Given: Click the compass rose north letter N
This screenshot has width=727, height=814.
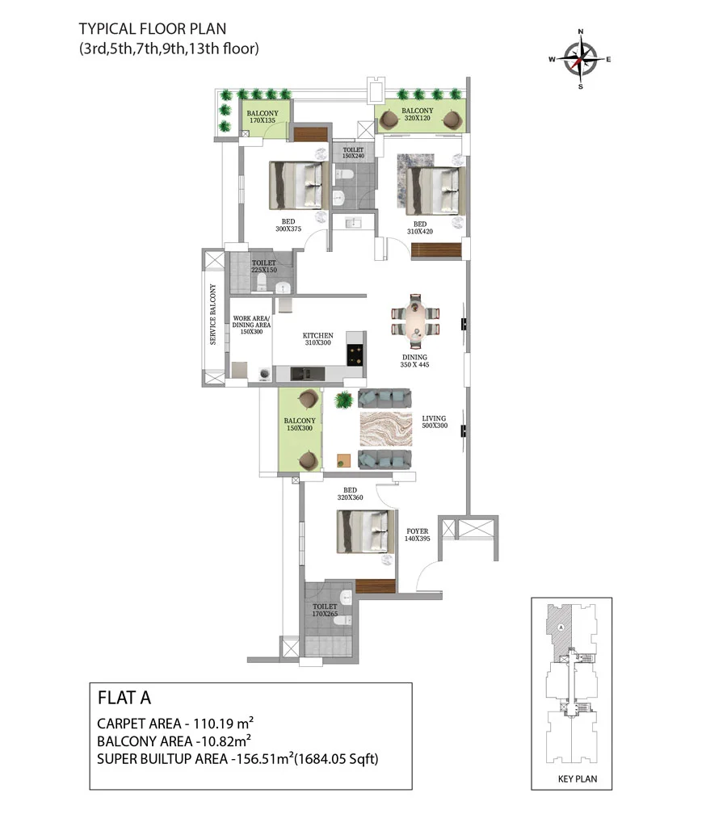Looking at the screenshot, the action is pyautogui.click(x=581, y=31).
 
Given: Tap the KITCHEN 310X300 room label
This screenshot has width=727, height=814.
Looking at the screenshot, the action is pyautogui.click(x=317, y=339).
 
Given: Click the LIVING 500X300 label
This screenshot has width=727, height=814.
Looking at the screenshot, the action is pyautogui.click(x=434, y=422).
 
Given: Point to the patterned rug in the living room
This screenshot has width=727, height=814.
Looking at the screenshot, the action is pyautogui.click(x=386, y=429).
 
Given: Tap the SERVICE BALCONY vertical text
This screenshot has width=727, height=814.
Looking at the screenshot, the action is pyautogui.click(x=213, y=314).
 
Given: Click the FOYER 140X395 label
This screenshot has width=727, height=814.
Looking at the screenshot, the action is pyautogui.click(x=418, y=535).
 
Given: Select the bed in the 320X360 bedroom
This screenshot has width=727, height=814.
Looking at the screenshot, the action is pyautogui.click(x=365, y=531).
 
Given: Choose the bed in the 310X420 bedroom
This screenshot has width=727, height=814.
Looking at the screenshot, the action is pyautogui.click(x=435, y=191).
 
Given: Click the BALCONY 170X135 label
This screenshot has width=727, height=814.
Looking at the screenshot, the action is pyautogui.click(x=263, y=117).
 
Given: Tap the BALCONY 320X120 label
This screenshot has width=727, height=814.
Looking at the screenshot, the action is pyautogui.click(x=417, y=114).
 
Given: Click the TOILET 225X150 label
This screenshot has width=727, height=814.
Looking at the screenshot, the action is pyautogui.click(x=264, y=266).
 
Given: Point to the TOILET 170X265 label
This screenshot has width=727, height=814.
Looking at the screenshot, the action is pyautogui.click(x=325, y=610).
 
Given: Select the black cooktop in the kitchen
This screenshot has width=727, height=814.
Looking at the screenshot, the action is pyautogui.click(x=356, y=355).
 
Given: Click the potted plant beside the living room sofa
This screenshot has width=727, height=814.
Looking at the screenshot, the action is pyautogui.click(x=343, y=400).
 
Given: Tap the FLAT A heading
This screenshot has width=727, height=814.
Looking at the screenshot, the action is pyautogui.click(x=124, y=698).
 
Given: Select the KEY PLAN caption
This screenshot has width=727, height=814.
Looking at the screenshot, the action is pyautogui.click(x=578, y=778).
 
